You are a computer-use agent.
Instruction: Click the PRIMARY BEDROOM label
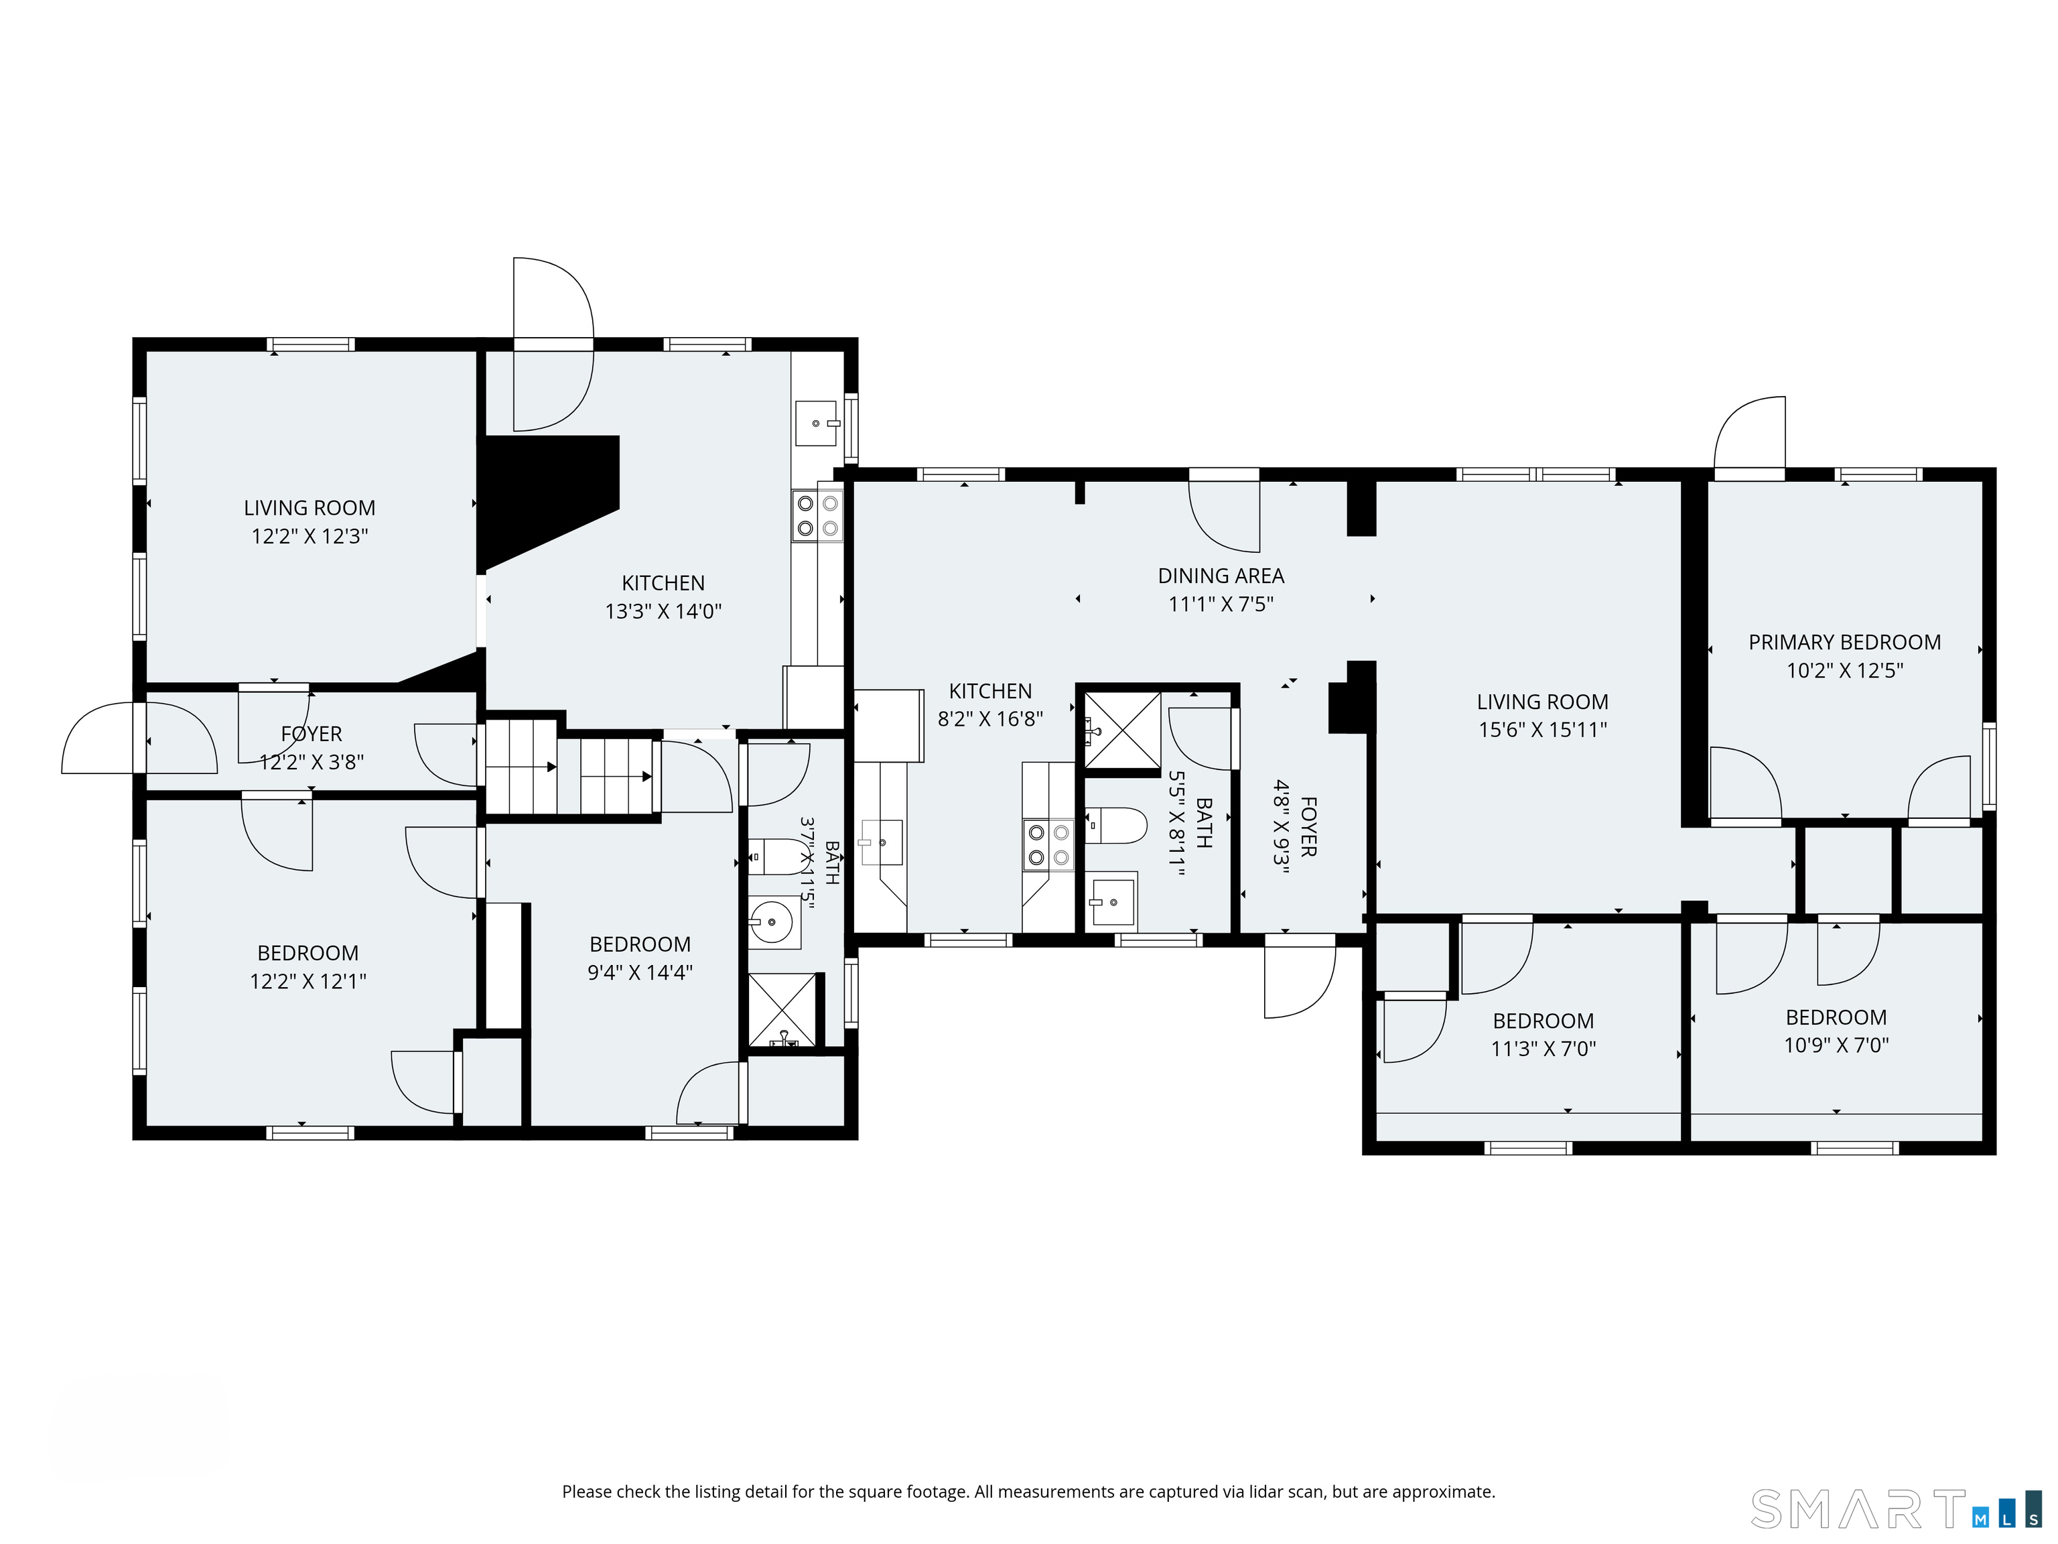click(x=1844, y=642)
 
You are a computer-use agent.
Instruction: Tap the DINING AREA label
click(x=1221, y=576)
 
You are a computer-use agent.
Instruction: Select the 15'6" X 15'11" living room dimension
click(x=1543, y=730)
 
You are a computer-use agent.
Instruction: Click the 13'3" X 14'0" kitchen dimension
click(x=663, y=611)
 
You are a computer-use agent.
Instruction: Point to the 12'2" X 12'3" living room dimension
click(x=310, y=536)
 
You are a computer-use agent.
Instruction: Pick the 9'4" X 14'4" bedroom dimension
click(x=640, y=972)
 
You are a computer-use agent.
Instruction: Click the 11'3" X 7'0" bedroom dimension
click(x=1543, y=1049)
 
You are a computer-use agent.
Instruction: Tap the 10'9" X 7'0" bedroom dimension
click(x=1836, y=1045)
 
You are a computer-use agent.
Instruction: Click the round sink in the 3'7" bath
click(x=773, y=922)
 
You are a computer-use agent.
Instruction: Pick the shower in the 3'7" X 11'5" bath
click(x=782, y=1010)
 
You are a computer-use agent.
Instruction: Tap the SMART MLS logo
click(x=1895, y=1510)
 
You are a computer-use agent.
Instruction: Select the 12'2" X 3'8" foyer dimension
click(x=312, y=762)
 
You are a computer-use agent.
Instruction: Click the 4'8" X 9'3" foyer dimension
click(x=1282, y=826)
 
